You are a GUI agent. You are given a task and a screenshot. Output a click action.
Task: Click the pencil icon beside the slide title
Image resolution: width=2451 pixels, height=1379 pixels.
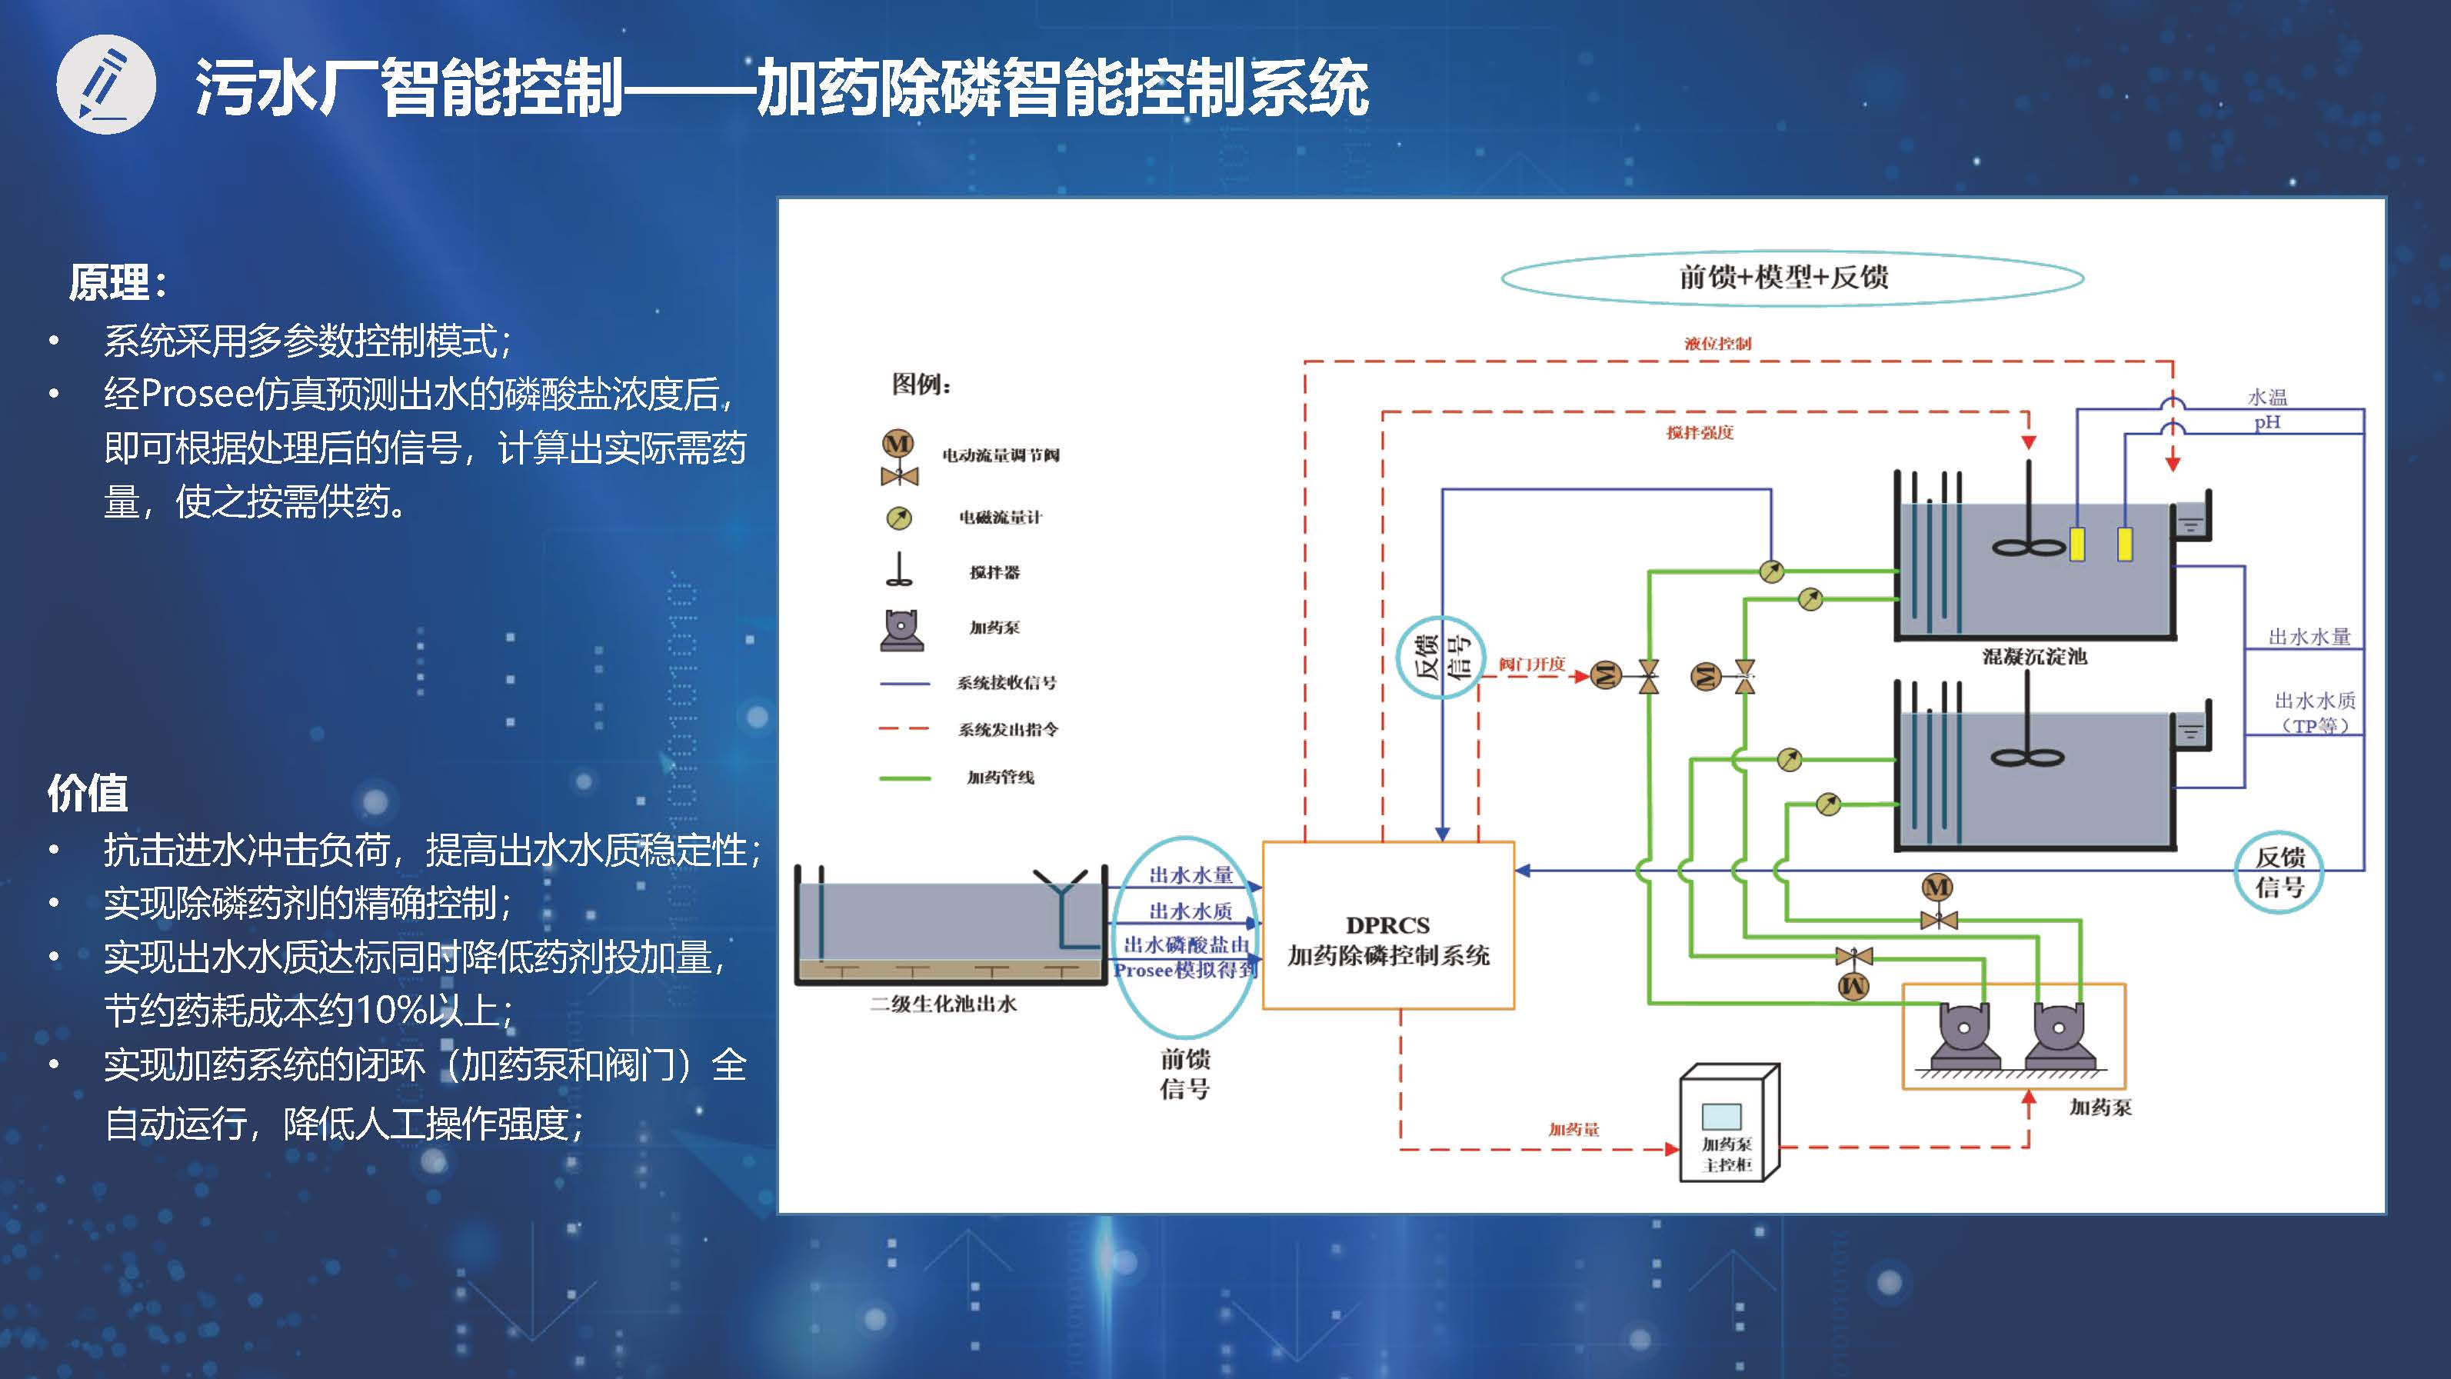point(105,85)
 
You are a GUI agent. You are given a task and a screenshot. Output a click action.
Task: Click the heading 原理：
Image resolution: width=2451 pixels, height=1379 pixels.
point(118,283)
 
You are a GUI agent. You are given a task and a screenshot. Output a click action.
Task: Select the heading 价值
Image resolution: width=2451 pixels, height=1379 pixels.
point(88,793)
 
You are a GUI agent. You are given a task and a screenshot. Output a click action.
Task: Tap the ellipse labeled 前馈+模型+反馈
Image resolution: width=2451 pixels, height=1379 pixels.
point(1793,278)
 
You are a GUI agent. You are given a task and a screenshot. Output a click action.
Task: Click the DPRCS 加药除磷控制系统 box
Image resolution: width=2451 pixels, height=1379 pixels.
point(1388,925)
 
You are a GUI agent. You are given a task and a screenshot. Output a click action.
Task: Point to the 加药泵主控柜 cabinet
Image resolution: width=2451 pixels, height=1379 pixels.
point(1729,1123)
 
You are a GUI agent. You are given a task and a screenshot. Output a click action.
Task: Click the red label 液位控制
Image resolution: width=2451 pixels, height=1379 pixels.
point(1717,344)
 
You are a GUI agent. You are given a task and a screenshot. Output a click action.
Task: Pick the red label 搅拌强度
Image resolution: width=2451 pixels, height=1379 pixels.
point(1700,433)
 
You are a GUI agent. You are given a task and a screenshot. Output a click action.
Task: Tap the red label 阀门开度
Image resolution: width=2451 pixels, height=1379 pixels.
point(1532,665)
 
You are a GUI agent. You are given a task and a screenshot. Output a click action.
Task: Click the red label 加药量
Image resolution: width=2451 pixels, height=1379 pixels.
point(1574,1130)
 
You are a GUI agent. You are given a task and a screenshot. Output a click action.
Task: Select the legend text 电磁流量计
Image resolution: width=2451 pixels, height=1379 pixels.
point(1000,518)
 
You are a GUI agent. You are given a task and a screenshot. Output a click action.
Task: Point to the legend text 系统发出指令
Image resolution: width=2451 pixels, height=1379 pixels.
point(1007,730)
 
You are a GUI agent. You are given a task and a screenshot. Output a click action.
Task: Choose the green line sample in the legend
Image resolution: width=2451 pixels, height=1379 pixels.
point(905,778)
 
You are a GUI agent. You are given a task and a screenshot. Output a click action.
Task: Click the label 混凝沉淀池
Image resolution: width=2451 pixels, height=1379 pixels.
point(2034,657)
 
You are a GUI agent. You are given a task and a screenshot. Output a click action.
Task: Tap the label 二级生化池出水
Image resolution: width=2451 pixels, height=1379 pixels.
point(944,1004)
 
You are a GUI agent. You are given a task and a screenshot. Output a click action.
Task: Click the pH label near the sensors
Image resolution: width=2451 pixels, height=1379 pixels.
point(2267,421)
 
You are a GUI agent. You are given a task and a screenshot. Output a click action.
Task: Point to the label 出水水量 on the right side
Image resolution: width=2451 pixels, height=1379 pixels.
point(2309,637)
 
